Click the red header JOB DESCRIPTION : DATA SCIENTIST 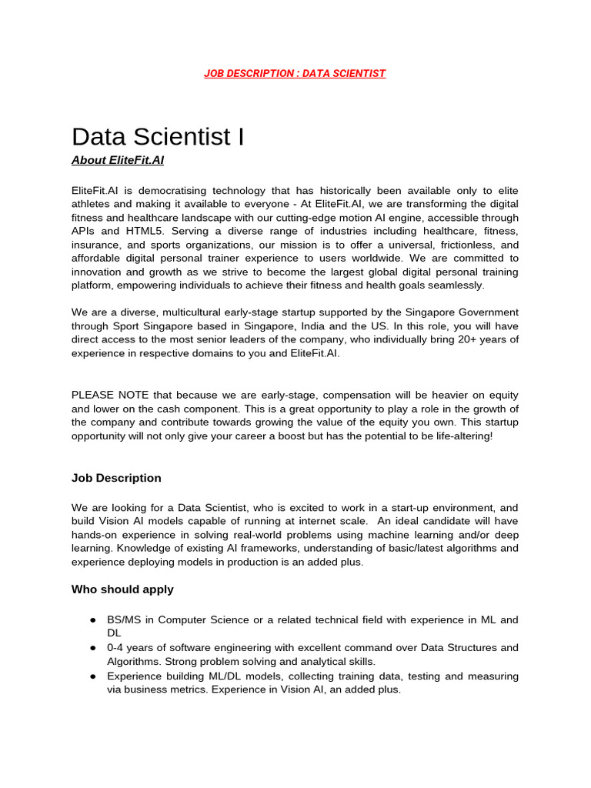point(295,73)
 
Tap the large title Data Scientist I point(158,136)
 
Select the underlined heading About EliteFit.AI point(118,161)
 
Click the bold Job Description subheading point(116,478)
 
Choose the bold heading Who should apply point(122,589)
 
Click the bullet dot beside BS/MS point(92,620)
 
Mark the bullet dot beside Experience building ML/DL point(92,676)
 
